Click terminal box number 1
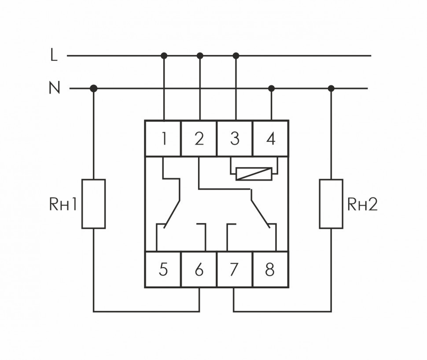[163, 138]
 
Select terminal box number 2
[199, 138]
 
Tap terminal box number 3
[235, 138]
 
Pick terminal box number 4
[271, 138]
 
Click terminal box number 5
[163, 269]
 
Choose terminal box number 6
[199, 269]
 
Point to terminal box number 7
[235, 269]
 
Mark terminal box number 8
[270, 269]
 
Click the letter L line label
[54, 55]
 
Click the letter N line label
[54, 88]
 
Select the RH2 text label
[362, 204]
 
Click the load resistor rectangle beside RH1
[93, 204]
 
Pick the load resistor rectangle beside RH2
[331, 204]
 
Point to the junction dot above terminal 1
[164, 55]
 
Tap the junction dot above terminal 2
[200, 55]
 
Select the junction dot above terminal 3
[236, 55]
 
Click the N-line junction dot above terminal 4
[271, 88]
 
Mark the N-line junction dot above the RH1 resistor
[93, 88]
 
